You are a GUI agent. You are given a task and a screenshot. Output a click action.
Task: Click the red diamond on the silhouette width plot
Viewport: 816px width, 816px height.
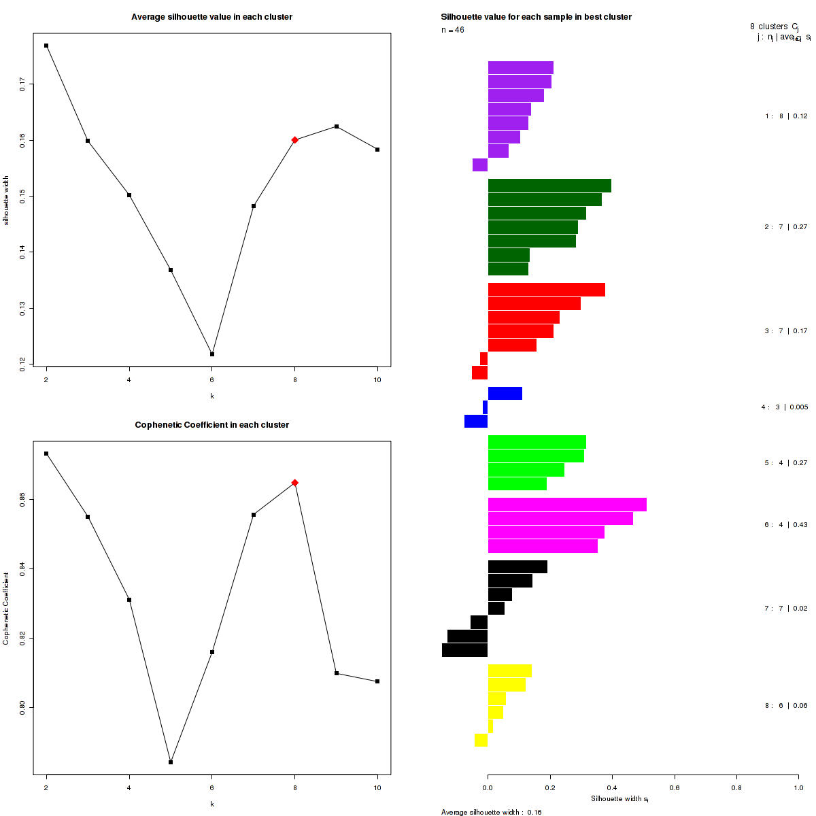click(x=295, y=140)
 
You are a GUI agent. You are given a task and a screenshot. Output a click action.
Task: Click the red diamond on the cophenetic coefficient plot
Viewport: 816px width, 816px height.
click(x=295, y=483)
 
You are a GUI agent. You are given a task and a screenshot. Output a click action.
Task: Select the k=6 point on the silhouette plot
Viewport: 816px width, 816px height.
click(x=212, y=354)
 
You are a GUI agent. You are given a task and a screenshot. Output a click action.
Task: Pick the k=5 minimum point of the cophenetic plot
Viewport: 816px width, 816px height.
click(x=171, y=762)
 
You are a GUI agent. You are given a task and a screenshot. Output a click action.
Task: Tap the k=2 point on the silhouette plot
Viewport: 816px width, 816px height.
click(x=46, y=46)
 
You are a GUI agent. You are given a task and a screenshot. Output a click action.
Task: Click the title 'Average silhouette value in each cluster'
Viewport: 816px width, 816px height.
click(x=212, y=17)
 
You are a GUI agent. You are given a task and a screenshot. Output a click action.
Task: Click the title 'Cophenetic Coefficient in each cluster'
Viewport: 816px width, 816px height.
click(x=212, y=425)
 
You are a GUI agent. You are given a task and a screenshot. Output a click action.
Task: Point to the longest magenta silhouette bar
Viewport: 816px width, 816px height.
click(x=567, y=505)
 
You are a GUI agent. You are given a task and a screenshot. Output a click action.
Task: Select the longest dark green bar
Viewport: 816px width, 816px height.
click(x=549, y=186)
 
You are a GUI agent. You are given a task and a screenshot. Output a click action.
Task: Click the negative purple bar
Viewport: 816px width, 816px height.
click(x=480, y=165)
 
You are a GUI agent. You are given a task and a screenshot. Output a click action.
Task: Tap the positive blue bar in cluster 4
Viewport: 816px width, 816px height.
click(x=505, y=393)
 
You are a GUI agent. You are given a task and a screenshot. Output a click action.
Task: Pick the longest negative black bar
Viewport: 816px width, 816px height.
click(x=465, y=650)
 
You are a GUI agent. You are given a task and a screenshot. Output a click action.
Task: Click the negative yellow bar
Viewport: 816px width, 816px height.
click(x=481, y=740)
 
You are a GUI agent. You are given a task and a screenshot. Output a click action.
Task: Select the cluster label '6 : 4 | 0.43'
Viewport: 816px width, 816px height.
click(x=785, y=525)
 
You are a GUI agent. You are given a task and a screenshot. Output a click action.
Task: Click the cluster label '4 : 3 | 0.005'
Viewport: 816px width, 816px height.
click(x=784, y=407)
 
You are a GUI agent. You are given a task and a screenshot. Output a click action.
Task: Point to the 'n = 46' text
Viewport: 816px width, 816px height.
click(x=453, y=30)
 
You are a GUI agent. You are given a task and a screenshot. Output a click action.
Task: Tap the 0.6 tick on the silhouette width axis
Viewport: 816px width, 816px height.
click(x=674, y=788)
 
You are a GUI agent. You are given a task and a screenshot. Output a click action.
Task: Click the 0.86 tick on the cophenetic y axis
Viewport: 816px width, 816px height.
click(x=22, y=500)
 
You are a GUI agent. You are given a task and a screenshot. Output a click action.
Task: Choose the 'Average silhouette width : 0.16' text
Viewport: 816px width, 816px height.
click(x=491, y=812)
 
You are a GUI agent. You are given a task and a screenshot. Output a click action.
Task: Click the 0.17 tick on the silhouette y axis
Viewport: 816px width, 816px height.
click(x=22, y=84)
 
